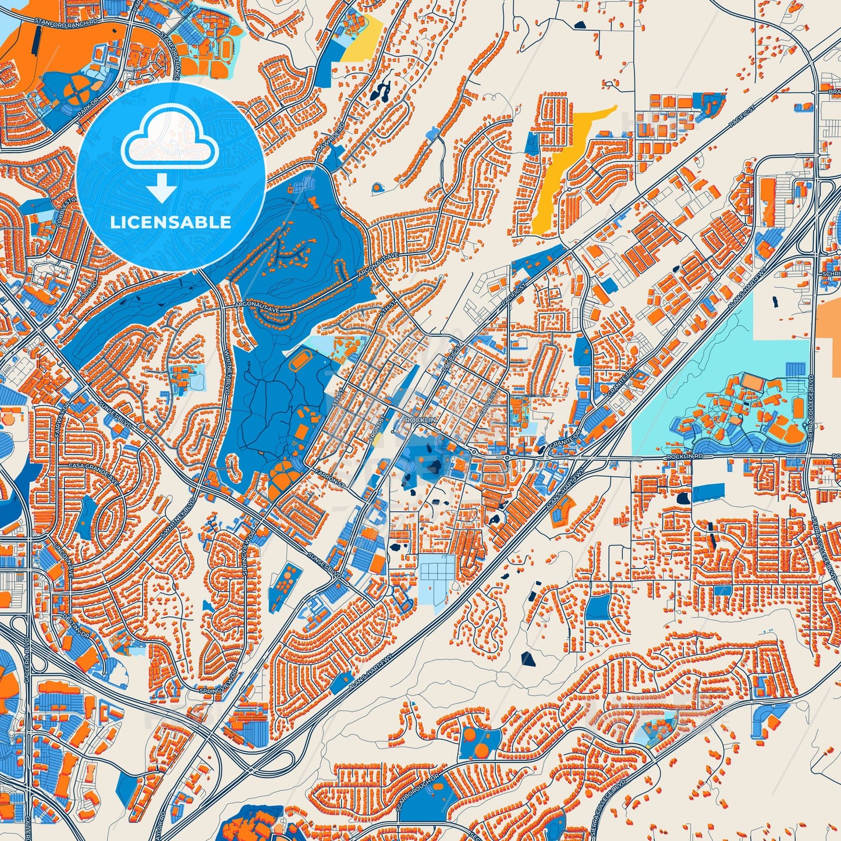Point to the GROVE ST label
pos(488,403)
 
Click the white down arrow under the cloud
pos(162,190)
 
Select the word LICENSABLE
pos(171,222)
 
